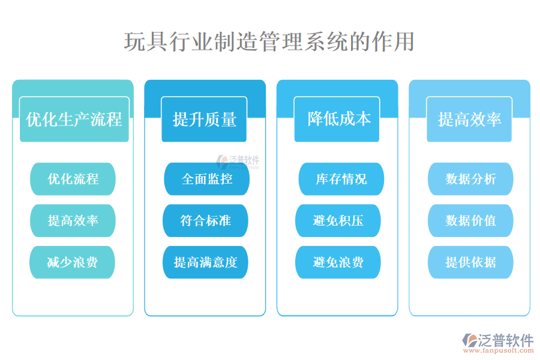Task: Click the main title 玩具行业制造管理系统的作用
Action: tap(269, 42)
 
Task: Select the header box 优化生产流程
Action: tap(74, 119)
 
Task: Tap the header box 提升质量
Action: tap(205, 119)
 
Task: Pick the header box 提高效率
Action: tap(469, 119)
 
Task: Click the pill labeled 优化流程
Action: tap(73, 179)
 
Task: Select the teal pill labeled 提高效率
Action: tap(73, 220)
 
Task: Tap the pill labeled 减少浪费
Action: tap(73, 262)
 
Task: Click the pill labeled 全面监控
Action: tap(207, 179)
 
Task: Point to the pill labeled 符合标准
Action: tap(205, 220)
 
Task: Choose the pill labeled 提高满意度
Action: tap(205, 262)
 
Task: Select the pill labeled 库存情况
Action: tap(341, 179)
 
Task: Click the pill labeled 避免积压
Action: tap(338, 220)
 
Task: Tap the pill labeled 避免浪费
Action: tap(338, 262)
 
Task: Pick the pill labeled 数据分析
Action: tap(470, 179)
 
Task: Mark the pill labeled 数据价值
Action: tap(470, 220)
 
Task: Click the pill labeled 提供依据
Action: tap(470, 262)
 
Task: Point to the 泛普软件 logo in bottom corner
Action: tap(498, 340)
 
